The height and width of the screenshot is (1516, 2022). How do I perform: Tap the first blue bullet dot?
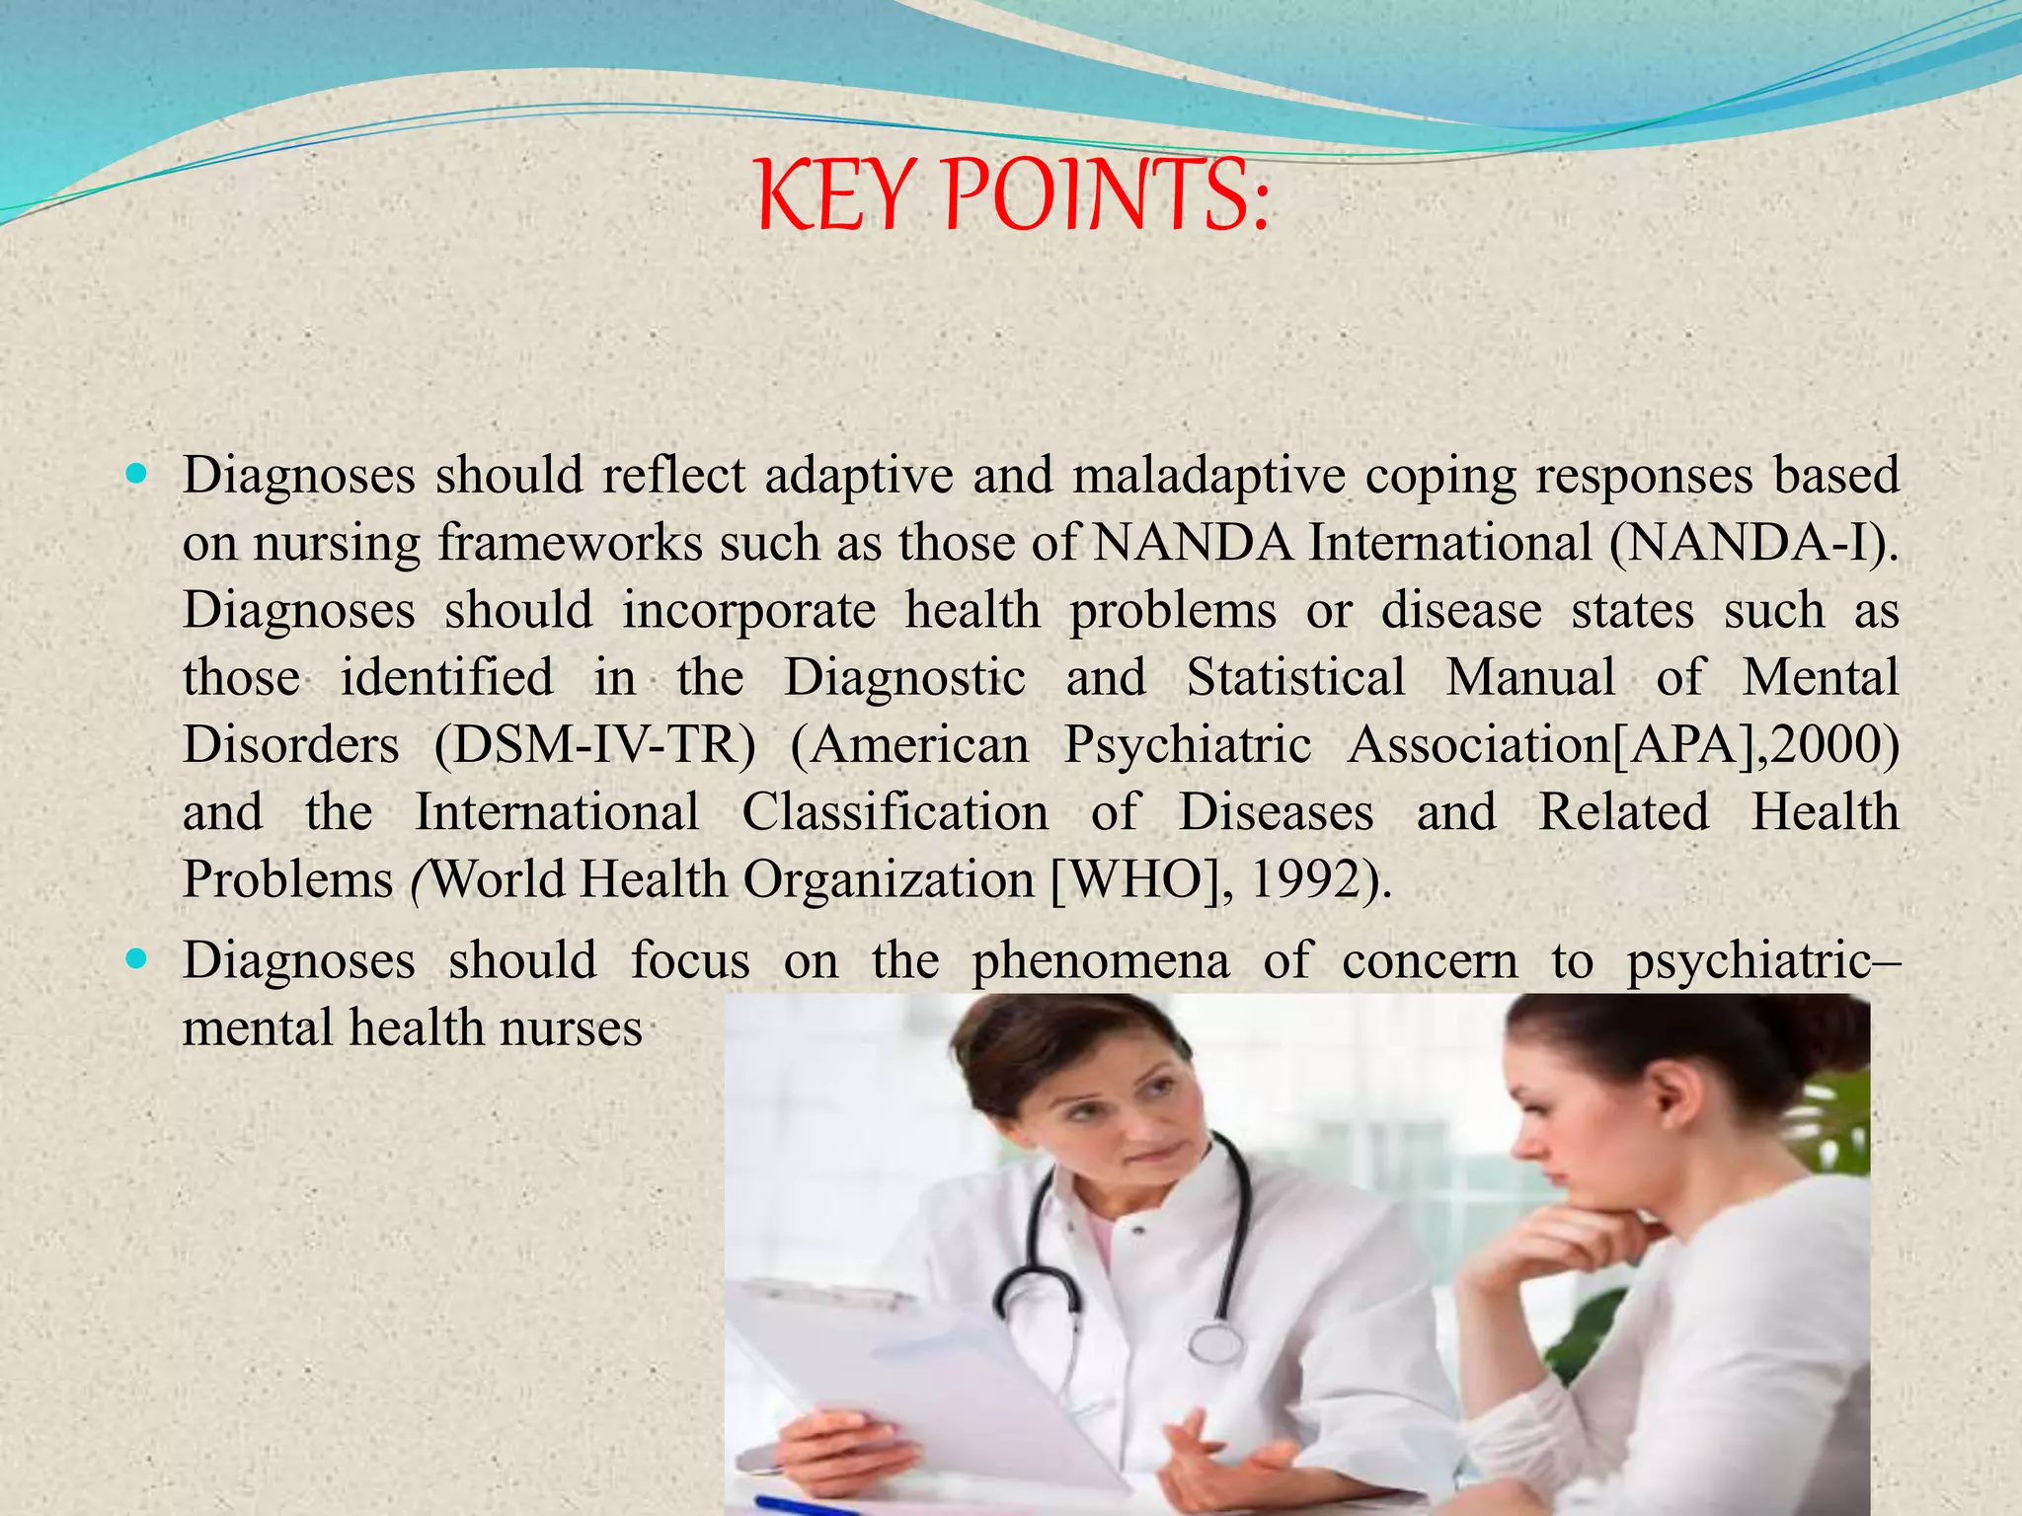(136, 474)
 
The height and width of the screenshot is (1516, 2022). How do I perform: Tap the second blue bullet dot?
(136, 958)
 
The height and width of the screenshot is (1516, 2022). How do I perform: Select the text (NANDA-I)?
(1752, 543)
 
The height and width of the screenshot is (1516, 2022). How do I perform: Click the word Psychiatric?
(1187, 744)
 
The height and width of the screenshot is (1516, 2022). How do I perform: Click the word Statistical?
(1295, 677)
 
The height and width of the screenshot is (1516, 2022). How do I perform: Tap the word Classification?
(894, 812)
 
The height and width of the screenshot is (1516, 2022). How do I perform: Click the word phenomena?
(1101, 960)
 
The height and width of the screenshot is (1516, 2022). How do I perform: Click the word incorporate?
(748, 610)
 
